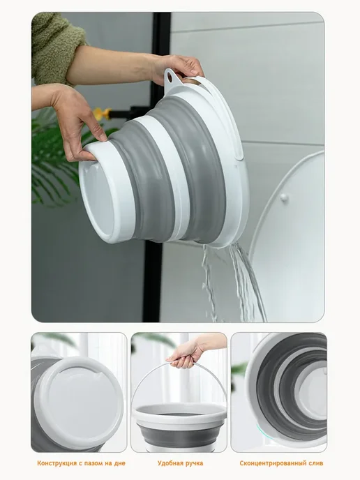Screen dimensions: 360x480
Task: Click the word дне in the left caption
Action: (x=119, y=463)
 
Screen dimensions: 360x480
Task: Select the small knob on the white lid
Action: (x=284, y=197)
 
